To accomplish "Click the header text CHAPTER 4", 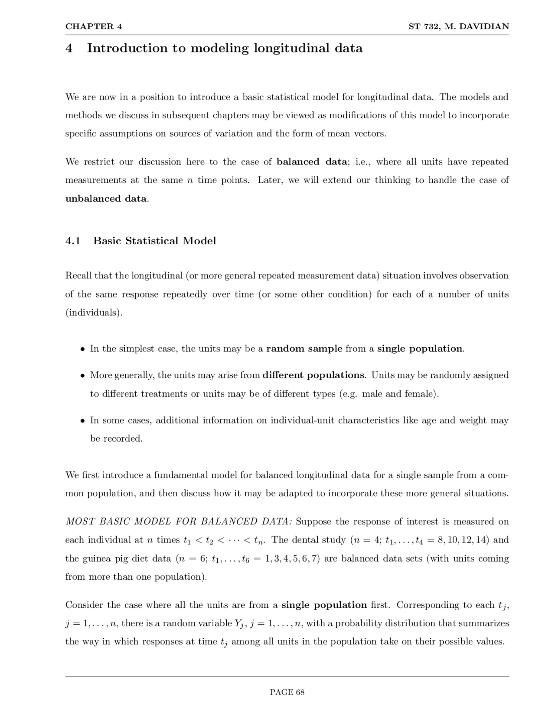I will click(94, 26).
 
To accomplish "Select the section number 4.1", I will click(73, 241).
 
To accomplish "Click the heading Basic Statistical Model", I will click(154, 241).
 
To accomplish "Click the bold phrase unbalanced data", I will click(106, 199).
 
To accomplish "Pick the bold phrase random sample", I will click(304, 349).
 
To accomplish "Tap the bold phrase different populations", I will click(314, 375).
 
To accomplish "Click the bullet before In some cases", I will click(82, 421).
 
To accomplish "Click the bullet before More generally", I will click(82, 375).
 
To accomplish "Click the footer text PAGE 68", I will click(287, 692).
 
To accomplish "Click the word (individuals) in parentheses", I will click(94, 313).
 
